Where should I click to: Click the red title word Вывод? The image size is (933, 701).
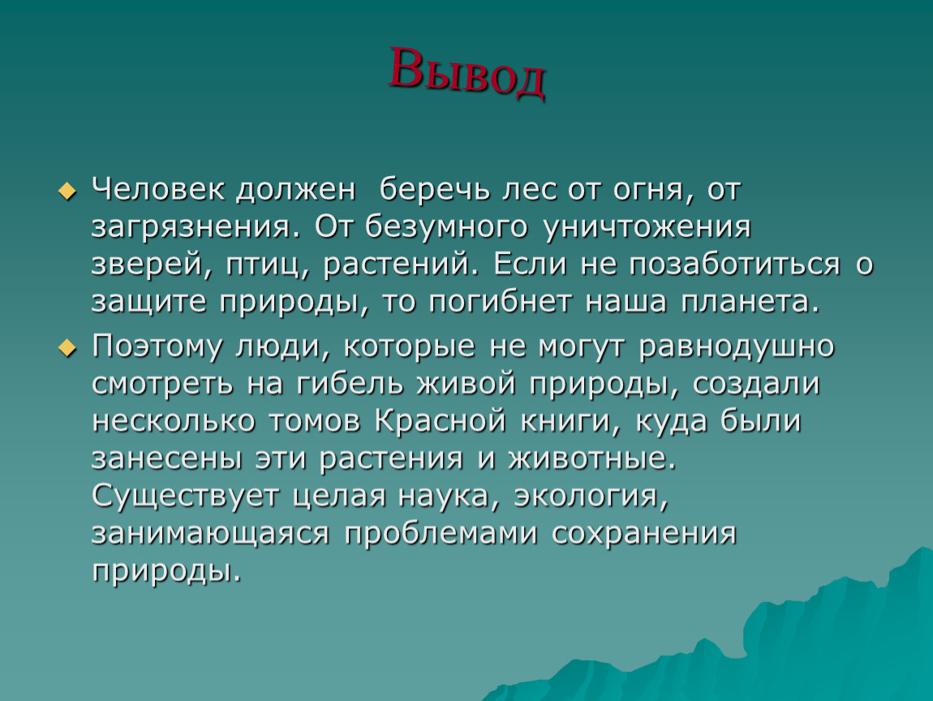[467, 72]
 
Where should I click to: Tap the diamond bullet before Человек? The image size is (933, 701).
[67, 191]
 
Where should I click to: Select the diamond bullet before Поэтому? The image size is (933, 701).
[67, 348]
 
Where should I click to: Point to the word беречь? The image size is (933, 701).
[434, 189]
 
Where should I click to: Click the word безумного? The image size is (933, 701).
[446, 226]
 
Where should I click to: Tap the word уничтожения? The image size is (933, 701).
[647, 227]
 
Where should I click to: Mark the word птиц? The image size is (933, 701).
[268, 265]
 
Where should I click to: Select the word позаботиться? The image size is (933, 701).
[734, 264]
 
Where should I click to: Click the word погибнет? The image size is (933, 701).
[500, 301]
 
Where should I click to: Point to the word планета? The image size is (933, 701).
[750, 303]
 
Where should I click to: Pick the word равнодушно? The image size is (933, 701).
[737, 347]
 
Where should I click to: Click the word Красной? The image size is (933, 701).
[441, 421]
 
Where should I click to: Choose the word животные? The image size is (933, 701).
[592, 459]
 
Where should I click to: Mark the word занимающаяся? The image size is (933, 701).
[210, 535]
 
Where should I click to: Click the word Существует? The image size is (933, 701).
[185, 497]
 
